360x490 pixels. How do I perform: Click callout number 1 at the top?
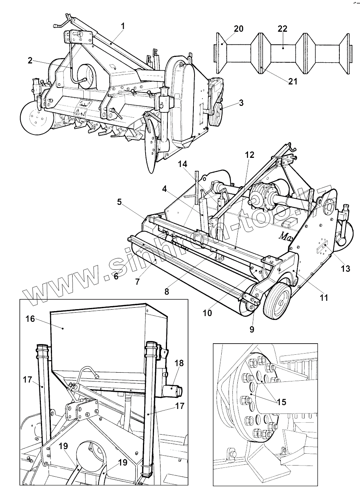(123, 26)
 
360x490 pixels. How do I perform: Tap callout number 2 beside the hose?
(30, 60)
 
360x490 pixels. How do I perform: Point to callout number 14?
(183, 164)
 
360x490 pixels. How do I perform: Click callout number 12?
(249, 155)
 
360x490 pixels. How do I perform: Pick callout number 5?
(120, 202)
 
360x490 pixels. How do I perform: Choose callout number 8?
(167, 291)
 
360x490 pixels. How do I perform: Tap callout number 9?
(252, 329)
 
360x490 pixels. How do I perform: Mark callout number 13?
(345, 269)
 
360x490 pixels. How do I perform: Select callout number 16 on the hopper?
(30, 318)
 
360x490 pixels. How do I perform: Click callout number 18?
(179, 363)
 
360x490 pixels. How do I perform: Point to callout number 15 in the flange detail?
(282, 402)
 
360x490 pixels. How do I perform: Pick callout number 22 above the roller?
(283, 29)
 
